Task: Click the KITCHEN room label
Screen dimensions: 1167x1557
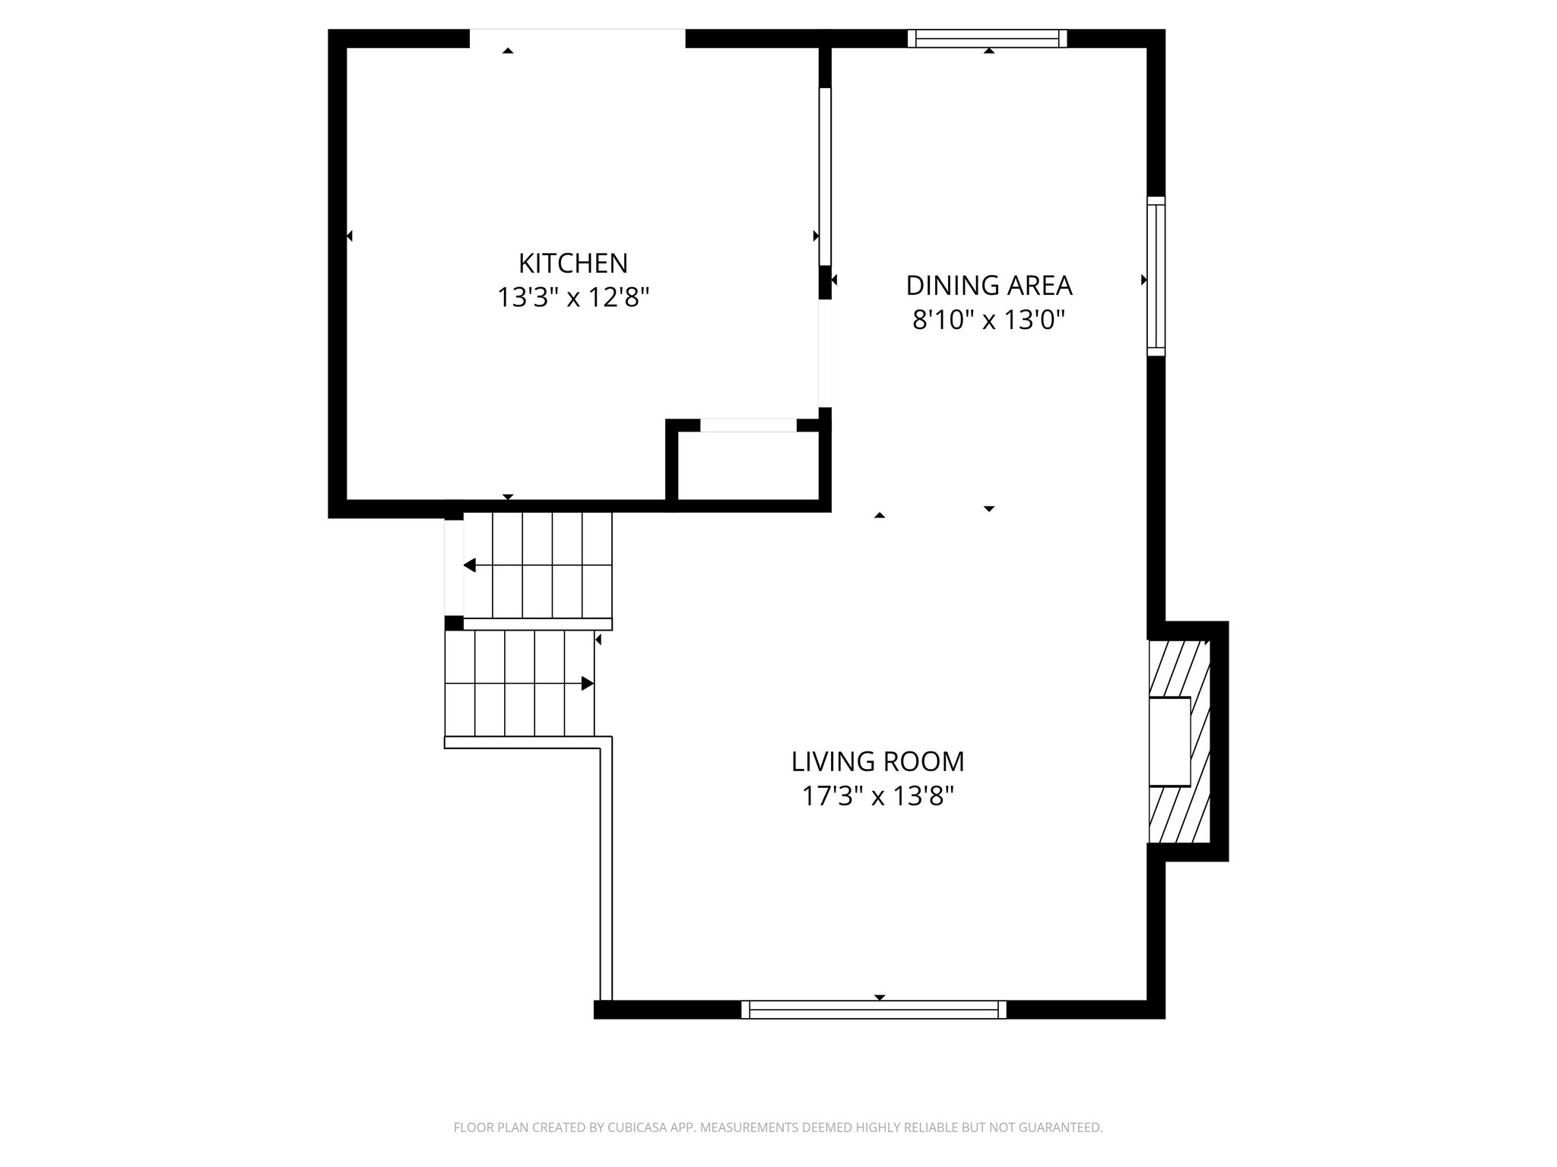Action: coord(573,264)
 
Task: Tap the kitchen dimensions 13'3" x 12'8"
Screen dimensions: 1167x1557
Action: coord(573,297)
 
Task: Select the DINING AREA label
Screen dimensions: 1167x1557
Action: coord(988,286)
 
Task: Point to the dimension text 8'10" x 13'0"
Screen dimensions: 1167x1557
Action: coord(988,321)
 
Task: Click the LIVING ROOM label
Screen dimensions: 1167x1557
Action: coord(877,761)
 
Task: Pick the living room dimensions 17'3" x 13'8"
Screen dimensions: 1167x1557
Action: coord(877,797)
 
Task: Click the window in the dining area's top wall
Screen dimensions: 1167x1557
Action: coord(987,38)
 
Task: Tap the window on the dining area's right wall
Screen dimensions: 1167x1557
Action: coord(1156,276)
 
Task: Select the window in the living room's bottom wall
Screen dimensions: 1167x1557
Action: coord(874,1009)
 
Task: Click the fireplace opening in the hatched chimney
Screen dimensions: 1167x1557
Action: coord(1169,742)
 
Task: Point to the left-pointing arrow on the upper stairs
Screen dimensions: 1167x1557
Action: coord(470,565)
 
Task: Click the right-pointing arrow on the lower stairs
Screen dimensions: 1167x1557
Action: coord(587,683)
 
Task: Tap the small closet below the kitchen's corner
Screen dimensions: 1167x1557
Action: coord(747,466)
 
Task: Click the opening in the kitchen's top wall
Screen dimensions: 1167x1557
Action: coord(577,38)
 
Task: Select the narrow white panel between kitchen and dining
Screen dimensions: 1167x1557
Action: coord(825,176)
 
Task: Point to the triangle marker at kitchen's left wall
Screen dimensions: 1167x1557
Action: coord(349,236)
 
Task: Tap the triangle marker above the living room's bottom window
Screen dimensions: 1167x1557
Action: coord(880,997)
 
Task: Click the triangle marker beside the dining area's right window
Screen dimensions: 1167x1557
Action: coord(1144,280)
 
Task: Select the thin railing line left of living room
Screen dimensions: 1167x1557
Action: coord(606,874)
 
